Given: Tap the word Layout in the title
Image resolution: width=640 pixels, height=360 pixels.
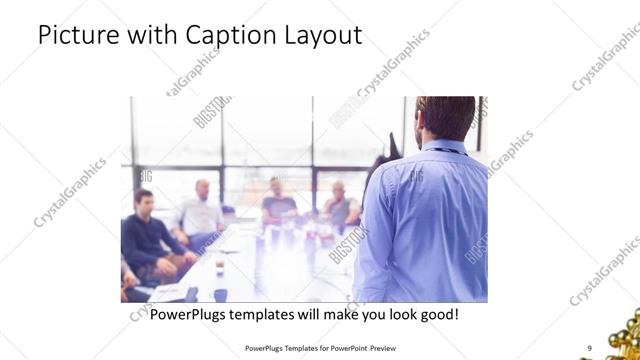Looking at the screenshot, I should (322, 36).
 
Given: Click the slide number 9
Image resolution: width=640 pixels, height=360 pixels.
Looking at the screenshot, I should (589, 347).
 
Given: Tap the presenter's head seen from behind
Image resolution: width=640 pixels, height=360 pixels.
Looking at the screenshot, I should (446, 117).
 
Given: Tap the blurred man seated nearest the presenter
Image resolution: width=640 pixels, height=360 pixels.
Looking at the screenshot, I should (340, 205).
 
